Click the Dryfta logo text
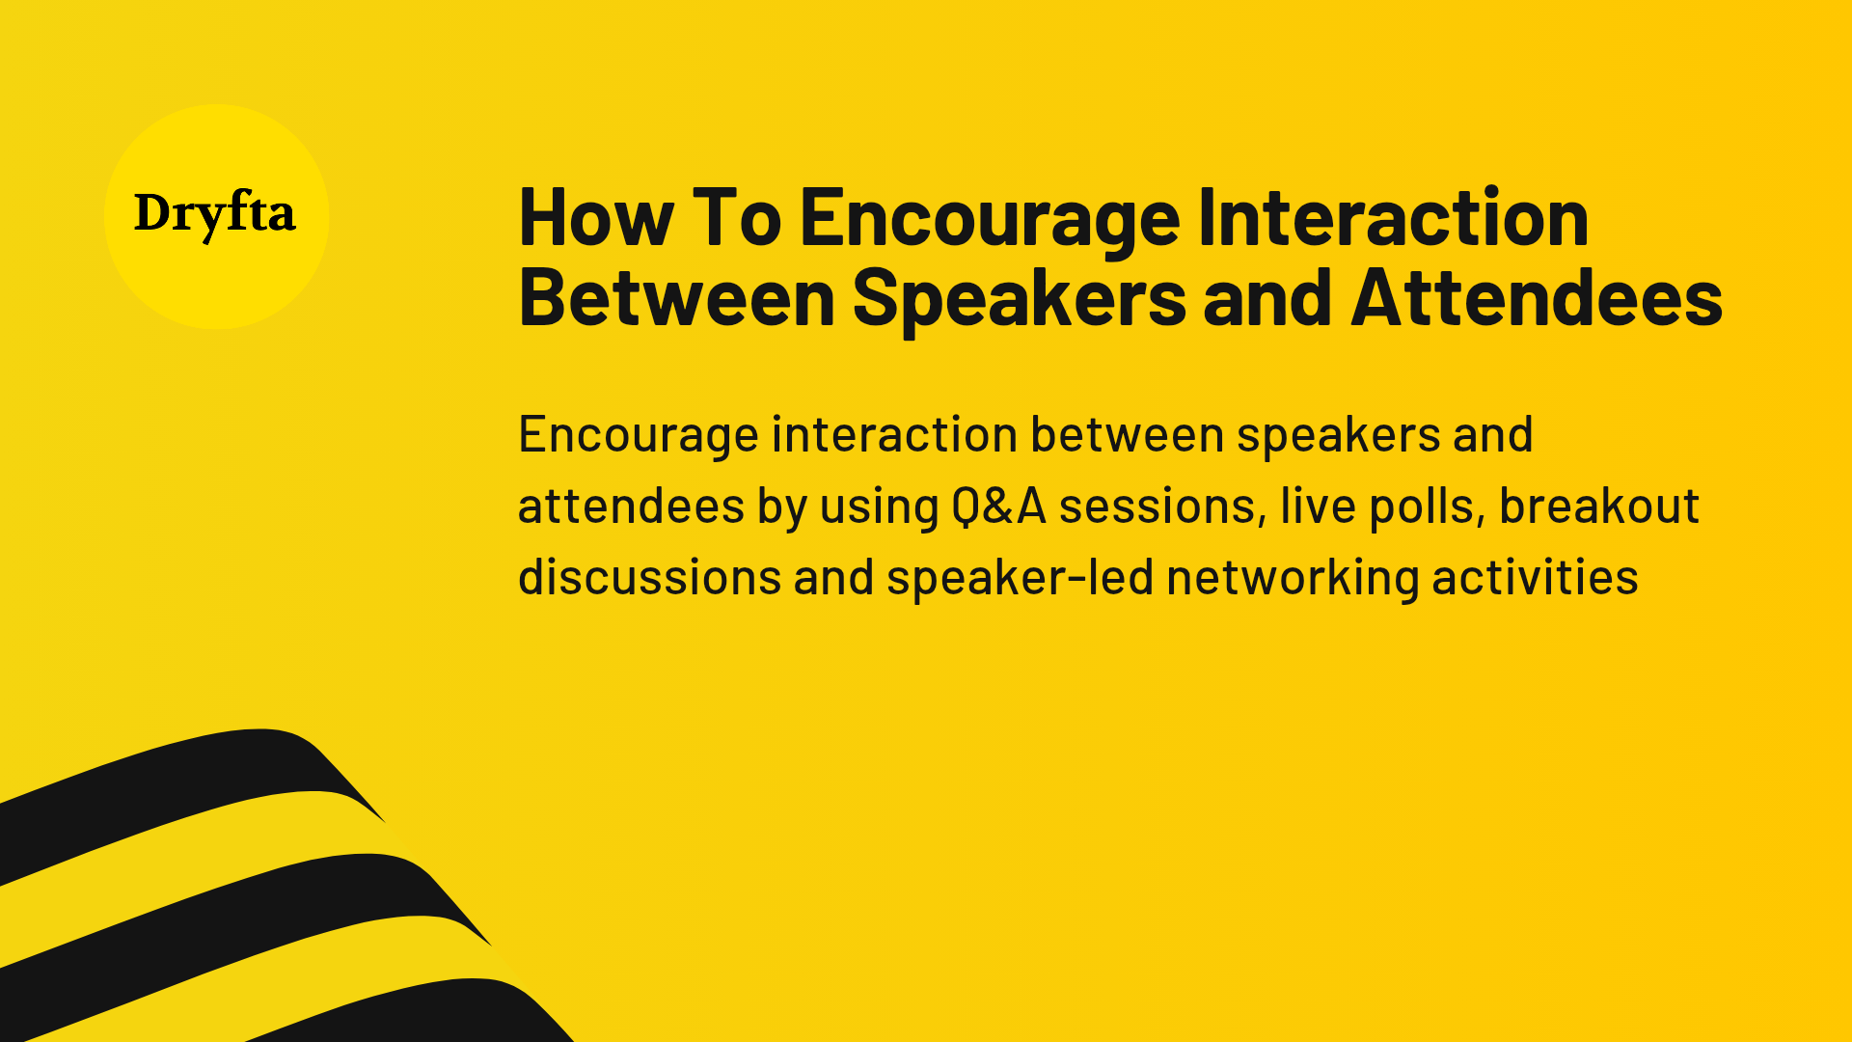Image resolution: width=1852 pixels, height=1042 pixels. pos(214,214)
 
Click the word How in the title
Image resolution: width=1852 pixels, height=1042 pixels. pos(595,219)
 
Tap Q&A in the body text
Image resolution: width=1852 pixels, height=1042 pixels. pos(998,507)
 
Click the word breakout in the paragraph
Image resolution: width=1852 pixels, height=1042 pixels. pos(1598,507)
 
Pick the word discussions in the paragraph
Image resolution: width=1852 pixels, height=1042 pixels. pos(649,578)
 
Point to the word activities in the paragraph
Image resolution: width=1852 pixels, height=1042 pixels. pos(1535,578)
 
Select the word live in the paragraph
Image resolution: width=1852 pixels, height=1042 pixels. pos(1318,507)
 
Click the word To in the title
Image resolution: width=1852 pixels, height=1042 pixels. pos(736,219)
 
